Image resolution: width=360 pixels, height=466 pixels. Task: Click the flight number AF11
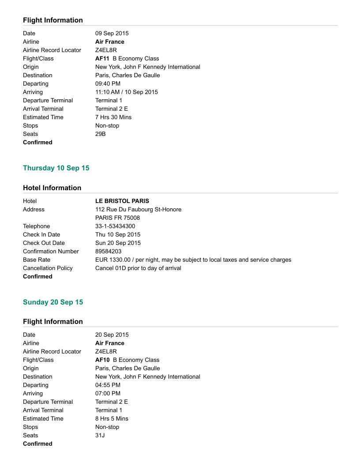click(x=102, y=59)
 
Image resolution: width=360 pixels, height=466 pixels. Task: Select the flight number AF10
click(x=102, y=360)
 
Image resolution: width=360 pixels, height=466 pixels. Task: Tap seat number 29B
click(x=101, y=134)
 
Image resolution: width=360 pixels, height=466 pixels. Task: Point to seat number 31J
click(x=100, y=436)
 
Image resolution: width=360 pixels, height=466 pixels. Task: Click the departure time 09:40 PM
click(x=108, y=84)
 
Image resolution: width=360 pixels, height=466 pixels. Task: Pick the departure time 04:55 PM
click(x=108, y=385)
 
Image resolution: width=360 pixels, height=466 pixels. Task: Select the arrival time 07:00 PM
click(x=108, y=394)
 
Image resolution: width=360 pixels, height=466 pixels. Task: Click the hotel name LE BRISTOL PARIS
click(x=122, y=201)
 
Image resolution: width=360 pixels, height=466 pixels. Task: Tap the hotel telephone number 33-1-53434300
click(x=115, y=226)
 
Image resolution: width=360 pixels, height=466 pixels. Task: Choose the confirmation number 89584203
click(x=109, y=252)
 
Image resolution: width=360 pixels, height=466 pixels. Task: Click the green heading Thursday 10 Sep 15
click(x=56, y=168)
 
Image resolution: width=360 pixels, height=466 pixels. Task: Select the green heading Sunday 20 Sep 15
click(x=53, y=302)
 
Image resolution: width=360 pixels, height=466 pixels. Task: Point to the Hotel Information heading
click(x=52, y=188)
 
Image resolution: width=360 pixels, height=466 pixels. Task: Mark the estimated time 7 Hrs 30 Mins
click(x=113, y=117)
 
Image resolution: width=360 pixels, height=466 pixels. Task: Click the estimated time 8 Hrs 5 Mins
click(x=112, y=419)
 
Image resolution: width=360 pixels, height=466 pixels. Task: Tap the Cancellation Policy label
click(x=48, y=268)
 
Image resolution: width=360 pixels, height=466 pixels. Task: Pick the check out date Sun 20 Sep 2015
click(x=118, y=243)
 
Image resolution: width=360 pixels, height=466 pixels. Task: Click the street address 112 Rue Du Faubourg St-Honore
click(x=138, y=210)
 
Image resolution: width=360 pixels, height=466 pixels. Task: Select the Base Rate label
click(x=37, y=260)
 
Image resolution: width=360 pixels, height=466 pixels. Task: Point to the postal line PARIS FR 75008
click(x=117, y=218)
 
